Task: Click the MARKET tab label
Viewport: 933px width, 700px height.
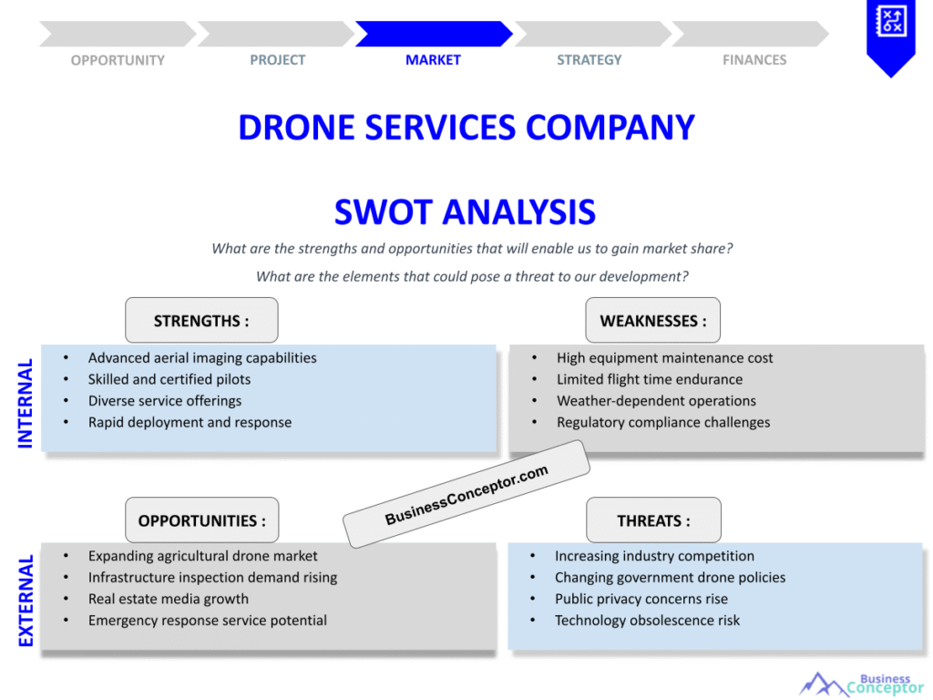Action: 433,60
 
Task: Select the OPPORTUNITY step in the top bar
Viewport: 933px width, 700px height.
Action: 118,60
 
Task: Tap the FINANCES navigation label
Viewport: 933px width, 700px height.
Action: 754,60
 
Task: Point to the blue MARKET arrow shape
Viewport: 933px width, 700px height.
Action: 434,34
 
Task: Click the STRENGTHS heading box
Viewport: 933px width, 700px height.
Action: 201,321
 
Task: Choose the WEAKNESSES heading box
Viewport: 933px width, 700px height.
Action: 652,321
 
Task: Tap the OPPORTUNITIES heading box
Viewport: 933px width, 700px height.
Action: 201,520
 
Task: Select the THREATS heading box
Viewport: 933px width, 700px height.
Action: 653,520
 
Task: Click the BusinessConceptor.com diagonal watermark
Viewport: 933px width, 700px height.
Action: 466,494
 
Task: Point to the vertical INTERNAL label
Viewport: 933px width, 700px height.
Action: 26,403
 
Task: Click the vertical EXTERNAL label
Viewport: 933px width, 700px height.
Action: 26,601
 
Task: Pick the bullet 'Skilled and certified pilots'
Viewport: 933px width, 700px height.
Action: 169,379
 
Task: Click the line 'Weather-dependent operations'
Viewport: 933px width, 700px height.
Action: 656,401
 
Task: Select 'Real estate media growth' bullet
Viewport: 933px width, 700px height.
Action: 169,599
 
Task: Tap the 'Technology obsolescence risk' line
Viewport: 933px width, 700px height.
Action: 647,621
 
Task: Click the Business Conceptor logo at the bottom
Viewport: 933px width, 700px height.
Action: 861,685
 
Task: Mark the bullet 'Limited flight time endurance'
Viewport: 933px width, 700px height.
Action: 650,379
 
